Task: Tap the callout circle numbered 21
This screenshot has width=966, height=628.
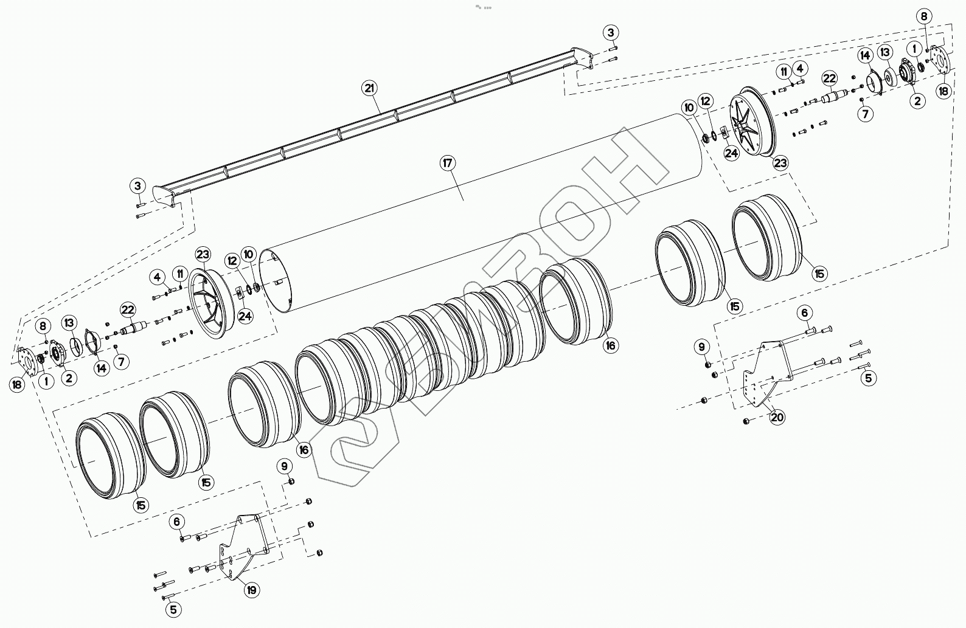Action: pyautogui.click(x=368, y=88)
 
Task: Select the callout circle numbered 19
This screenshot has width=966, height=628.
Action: pyautogui.click(x=251, y=589)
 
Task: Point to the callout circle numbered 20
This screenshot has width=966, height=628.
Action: pyautogui.click(x=777, y=417)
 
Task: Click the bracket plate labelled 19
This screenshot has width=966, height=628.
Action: pyautogui.click(x=243, y=547)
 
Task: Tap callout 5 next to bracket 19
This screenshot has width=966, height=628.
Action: pyautogui.click(x=173, y=609)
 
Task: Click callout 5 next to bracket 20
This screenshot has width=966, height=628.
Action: pyautogui.click(x=868, y=378)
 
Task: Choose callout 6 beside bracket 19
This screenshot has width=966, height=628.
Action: pyautogui.click(x=177, y=521)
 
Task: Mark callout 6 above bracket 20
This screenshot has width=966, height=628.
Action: pyautogui.click(x=804, y=313)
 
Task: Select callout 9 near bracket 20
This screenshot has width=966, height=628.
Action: pyautogui.click(x=702, y=347)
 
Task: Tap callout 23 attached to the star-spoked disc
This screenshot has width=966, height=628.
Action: pyautogui.click(x=780, y=163)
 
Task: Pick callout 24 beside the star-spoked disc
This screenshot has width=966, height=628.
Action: pyautogui.click(x=731, y=153)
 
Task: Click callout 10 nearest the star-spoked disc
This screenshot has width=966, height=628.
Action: pyautogui.click(x=689, y=108)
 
